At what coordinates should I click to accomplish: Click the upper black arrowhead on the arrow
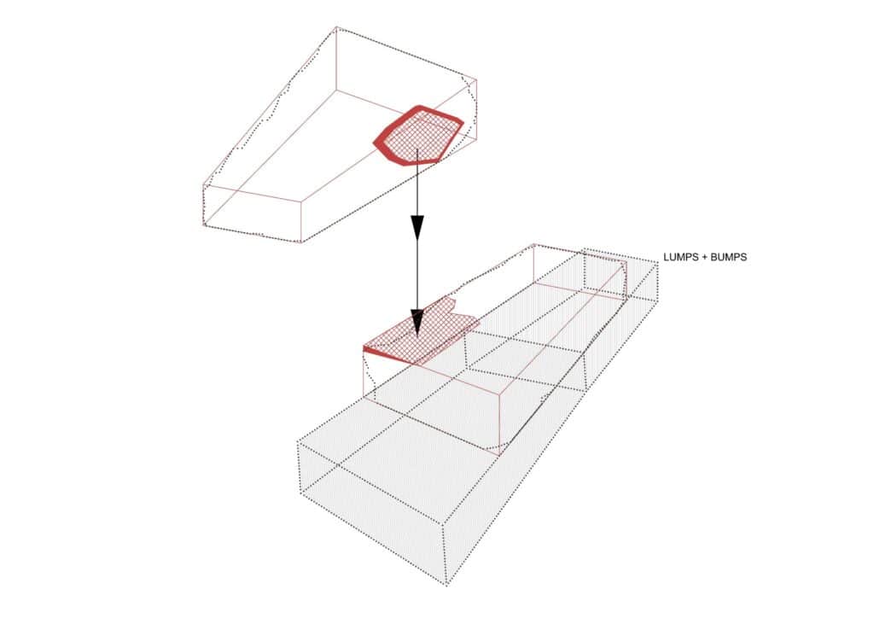point(417,227)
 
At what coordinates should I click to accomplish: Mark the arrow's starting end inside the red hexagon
point(417,149)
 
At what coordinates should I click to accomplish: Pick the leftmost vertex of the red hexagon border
point(374,143)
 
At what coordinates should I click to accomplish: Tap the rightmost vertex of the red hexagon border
point(463,122)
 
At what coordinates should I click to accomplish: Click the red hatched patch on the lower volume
point(422,335)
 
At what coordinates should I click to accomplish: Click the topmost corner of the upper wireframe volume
point(336,26)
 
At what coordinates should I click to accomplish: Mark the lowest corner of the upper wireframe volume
point(301,242)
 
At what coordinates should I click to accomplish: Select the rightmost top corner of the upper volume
point(476,79)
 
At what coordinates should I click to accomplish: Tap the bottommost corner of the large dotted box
point(446,585)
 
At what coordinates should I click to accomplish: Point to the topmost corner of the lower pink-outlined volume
point(534,244)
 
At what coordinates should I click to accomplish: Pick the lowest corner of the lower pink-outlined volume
point(498,455)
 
